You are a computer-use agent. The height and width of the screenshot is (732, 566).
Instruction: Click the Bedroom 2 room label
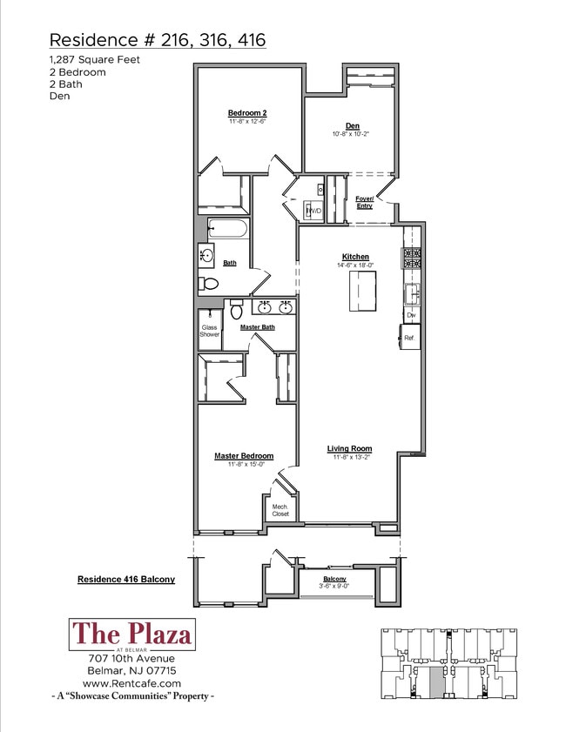tap(246, 113)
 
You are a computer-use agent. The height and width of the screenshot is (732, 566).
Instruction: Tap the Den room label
tap(352, 126)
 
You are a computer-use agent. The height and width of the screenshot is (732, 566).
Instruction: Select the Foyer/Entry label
tap(364, 202)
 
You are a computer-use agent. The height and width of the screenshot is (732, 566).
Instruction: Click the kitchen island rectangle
tap(364, 291)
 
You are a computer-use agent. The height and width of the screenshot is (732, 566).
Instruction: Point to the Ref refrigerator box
tap(408, 337)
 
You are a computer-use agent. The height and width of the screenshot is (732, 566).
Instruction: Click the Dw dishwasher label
tap(411, 314)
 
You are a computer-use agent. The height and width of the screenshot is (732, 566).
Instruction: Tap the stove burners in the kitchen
tap(411, 259)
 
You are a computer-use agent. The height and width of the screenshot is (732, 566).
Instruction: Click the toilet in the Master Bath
tap(236, 308)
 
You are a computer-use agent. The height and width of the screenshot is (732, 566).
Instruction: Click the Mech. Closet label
tap(280, 510)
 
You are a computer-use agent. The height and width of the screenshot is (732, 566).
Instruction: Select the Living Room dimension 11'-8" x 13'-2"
tap(349, 457)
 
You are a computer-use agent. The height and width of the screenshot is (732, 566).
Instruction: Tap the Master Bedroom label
tap(244, 455)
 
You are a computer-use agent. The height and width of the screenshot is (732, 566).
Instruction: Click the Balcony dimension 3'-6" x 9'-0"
tap(334, 586)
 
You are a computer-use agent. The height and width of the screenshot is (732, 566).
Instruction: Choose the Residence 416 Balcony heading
tap(126, 579)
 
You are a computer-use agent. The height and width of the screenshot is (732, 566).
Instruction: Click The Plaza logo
tap(131, 634)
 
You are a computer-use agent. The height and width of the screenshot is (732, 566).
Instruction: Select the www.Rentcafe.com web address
tap(131, 683)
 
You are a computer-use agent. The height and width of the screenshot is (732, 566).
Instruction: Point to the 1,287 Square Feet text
tap(95, 59)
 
